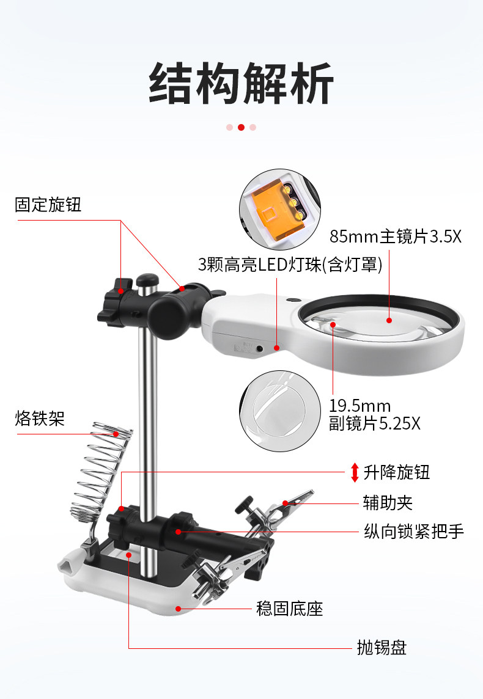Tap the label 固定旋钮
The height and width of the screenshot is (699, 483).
pos(48,205)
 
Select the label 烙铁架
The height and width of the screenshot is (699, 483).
pos(39,419)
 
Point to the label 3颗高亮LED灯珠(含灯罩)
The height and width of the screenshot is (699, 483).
pos(290,265)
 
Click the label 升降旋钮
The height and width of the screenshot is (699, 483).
pos(397,472)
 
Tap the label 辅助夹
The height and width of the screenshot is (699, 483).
pos(388,503)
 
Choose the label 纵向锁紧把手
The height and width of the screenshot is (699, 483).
pos(413,532)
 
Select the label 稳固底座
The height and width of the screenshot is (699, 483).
pos(289,609)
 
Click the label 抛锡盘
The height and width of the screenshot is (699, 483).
pos(382,647)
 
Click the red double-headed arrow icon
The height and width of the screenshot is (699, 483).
pos(355,472)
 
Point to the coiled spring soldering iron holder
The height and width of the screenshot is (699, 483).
pos(101,470)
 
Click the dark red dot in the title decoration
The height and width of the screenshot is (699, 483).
pos(241,128)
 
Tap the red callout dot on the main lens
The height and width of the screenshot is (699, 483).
pos(388,320)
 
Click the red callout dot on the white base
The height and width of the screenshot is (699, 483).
pos(178,608)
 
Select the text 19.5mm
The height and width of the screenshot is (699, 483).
pos(359,406)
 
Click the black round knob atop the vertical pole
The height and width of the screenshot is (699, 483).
pos(146,280)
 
